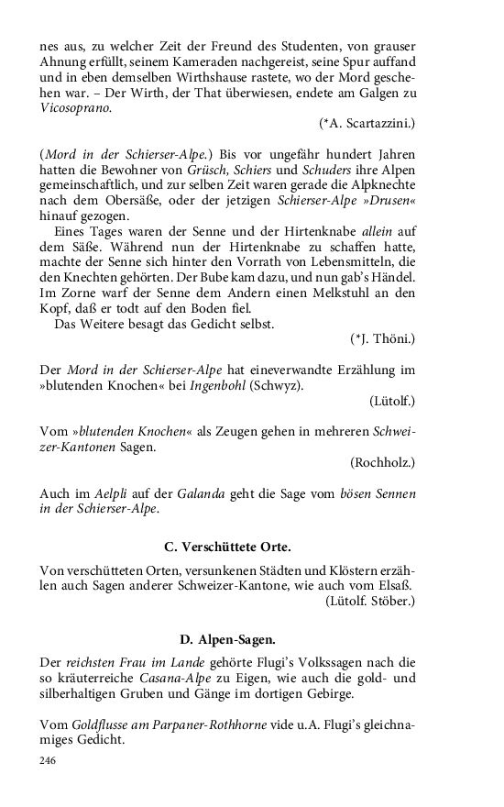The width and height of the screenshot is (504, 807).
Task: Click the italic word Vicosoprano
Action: [75, 107]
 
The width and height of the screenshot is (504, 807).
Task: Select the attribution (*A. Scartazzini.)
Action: [367, 123]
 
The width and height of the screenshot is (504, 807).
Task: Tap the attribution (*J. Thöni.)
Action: [382, 339]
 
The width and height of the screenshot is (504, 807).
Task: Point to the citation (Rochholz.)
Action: [382, 462]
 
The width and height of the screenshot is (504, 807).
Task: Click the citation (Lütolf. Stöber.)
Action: [369, 602]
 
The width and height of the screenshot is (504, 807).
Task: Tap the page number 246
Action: [49, 761]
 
